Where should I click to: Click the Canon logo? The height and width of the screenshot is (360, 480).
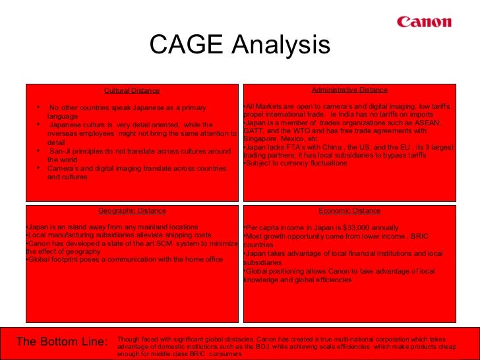pyautogui.click(x=424, y=22)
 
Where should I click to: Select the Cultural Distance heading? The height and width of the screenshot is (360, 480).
pyautogui.click(x=132, y=90)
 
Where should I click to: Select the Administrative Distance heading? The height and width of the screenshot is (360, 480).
pyautogui.click(x=349, y=90)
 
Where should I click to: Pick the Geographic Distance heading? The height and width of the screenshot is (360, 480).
pyautogui.click(x=132, y=211)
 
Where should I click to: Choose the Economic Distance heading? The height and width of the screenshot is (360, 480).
pyautogui.click(x=349, y=211)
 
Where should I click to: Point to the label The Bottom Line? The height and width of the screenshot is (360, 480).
pyautogui.click(x=62, y=342)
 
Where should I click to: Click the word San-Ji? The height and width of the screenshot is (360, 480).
pyautogui.click(x=62, y=151)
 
